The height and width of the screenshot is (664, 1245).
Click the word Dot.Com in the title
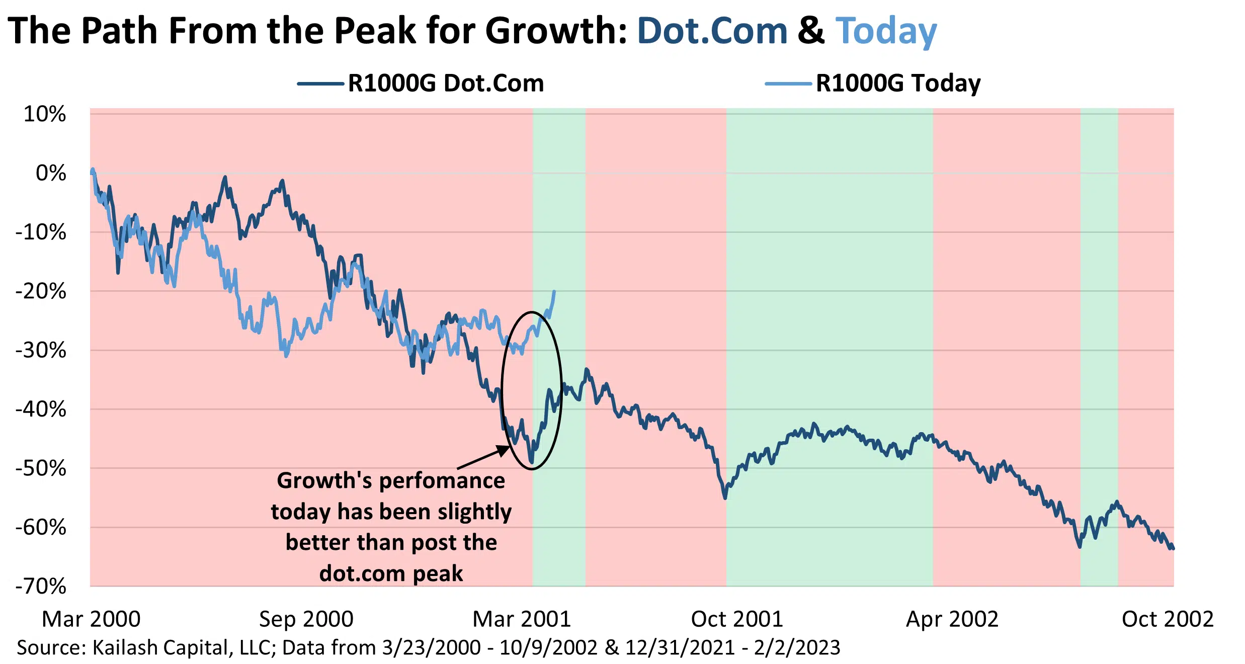click(712, 31)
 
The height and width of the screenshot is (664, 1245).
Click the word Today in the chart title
click(886, 31)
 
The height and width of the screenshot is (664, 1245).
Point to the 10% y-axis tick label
click(45, 115)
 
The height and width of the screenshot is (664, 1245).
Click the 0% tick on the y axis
click(51, 174)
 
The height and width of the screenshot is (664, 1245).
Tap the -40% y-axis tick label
click(41, 409)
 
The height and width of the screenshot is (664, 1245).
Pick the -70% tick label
click(41, 587)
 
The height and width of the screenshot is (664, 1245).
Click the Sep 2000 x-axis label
click(306, 619)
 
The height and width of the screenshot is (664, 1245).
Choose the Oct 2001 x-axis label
click(737, 619)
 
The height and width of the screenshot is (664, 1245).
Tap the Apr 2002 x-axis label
click(952, 619)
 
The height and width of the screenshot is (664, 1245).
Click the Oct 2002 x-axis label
click(1168, 619)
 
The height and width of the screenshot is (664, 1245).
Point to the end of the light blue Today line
click(554, 292)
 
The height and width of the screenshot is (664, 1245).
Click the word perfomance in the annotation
click(442, 481)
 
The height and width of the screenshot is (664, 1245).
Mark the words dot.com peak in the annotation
click(391, 573)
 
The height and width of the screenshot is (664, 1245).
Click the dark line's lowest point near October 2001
click(725, 497)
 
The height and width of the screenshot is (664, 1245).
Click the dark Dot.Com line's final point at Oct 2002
click(1173, 548)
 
